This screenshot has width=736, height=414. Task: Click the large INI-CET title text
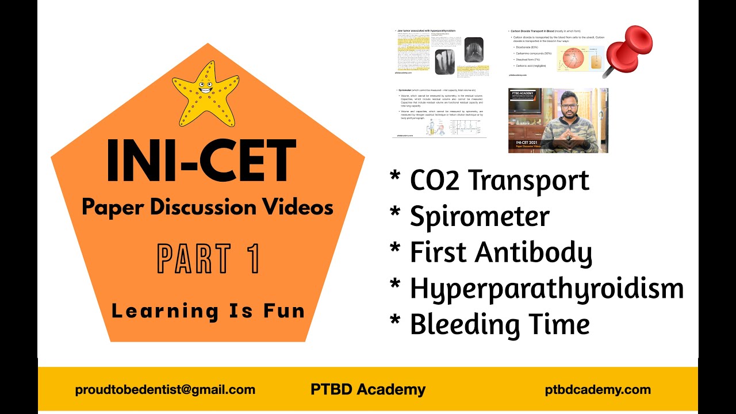pyautogui.click(x=201, y=162)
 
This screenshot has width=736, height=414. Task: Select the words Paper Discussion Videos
pyautogui.click(x=208, y=207)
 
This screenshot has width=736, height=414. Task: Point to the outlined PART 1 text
pyautogui.click(x=208, y=259)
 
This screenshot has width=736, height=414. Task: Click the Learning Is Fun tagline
pyautogui.click(x=208, y=311)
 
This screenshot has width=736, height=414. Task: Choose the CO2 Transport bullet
pyautogui.click(x=499, y=181)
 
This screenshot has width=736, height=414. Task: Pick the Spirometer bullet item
pyautogui.click(x=479, y=216)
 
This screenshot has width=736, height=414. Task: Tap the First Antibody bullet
pyautogui.click(x=500, y=252)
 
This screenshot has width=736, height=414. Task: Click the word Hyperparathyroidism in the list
pyautogui.click(x=546, y=289)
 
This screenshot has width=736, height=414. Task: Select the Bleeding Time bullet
pyautogui.click(x=499, y=324)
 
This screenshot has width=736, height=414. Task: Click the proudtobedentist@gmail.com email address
pyautogui.click(x=165, y=390)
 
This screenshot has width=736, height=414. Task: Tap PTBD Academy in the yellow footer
pyautogui.click(x=368, y=389)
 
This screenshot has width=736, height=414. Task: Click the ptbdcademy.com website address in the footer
pyautogui.click(x=598, y=390)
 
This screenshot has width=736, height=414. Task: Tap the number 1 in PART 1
pyautogui.click(x=251, y=259)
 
